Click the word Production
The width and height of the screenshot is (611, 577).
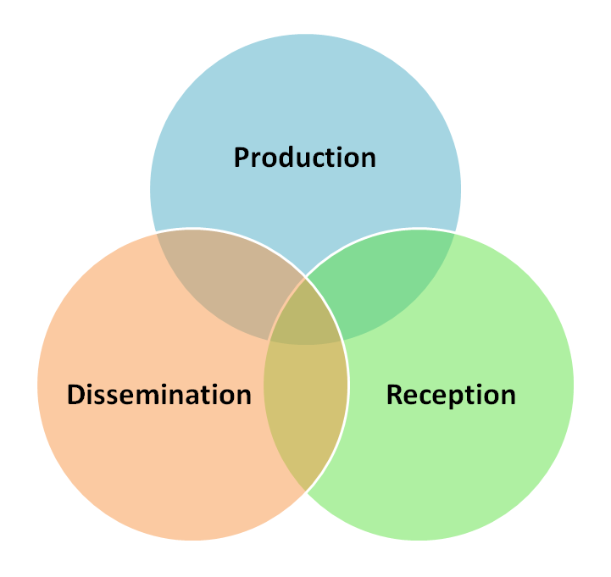305,158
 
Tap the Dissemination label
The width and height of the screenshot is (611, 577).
159,395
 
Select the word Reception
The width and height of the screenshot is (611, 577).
451,395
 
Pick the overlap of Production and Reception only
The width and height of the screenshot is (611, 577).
386,284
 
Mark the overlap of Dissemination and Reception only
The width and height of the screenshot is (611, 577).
306,424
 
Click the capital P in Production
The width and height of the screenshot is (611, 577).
242,158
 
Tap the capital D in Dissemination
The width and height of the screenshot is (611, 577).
76,395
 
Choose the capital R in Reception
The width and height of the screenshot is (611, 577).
395,395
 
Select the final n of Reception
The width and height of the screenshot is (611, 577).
508,396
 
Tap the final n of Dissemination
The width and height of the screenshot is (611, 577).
243,396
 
